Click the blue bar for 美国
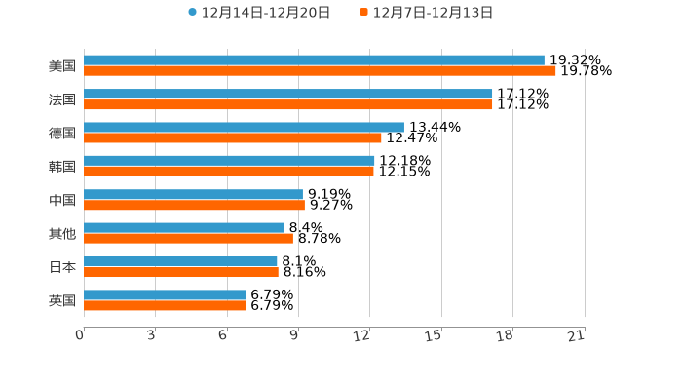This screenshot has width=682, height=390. click(314, 60)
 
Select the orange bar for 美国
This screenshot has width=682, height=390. click(320, 71)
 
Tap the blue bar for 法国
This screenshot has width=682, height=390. click(288, 94)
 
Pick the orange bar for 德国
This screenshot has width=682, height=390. click(233, 137)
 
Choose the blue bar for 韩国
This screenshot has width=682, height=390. click(229, 161)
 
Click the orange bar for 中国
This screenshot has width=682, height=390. click(194, 205)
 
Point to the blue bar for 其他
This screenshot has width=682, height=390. click(184, 228)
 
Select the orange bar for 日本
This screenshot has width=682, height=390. click(181, 272)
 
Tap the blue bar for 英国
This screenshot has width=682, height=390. click(165, 294)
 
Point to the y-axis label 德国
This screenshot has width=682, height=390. click(62, 133)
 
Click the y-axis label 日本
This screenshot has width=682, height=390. click(62, 267)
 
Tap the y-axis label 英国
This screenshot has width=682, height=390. click(62, 300)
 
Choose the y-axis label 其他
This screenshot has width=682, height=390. click(62, 233)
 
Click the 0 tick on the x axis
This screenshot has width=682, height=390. click(81, 335)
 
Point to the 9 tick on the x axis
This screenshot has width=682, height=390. click(294, 335)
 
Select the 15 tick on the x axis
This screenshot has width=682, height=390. click(435, 335)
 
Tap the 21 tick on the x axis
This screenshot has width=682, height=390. click(577, 335)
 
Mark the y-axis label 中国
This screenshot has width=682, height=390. click(62, 200)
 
